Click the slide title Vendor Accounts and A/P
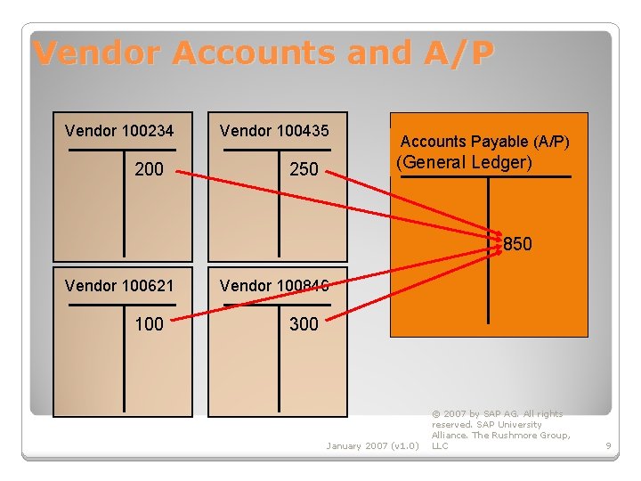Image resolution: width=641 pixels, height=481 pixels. click(263, 53)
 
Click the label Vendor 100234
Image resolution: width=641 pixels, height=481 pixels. click(119, 131)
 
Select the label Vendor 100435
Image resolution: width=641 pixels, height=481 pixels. click(274, 131)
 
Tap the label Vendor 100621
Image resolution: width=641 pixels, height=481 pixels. click(119, 286)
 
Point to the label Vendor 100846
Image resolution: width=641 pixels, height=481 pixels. click(274, 286)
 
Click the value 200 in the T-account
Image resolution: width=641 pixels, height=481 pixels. click(149, 169)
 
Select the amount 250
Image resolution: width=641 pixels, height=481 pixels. click(304, 169)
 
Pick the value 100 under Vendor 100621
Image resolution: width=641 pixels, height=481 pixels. click(149, 324)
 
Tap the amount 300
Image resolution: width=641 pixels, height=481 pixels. click(304, 324)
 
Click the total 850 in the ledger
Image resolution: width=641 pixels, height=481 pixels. click(517, 244)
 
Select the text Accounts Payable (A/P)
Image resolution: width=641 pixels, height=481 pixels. click(485, 142)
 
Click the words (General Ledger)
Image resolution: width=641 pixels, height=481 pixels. click(464, 162)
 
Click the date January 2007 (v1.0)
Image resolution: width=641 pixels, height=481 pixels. click(372, 445)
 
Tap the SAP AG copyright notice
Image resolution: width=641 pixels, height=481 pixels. click(499, 429)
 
